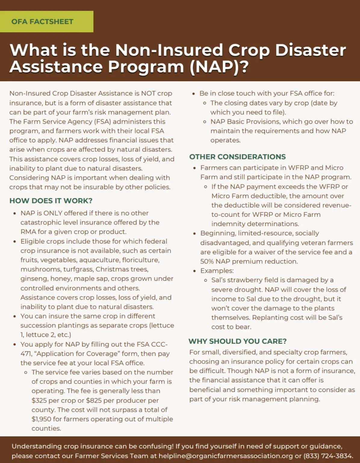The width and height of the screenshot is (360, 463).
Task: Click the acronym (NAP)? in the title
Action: (x=219, y=67)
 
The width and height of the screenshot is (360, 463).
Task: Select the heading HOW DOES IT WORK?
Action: (x=51, y=201)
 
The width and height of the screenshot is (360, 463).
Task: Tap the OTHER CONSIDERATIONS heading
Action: (x=237, y=157)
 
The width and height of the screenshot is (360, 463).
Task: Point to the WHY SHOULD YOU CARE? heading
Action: (x=237, y=341)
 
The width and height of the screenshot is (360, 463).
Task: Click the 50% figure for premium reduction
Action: (x=207, y=261)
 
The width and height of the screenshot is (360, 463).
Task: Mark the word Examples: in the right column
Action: (x=217, y=271)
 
